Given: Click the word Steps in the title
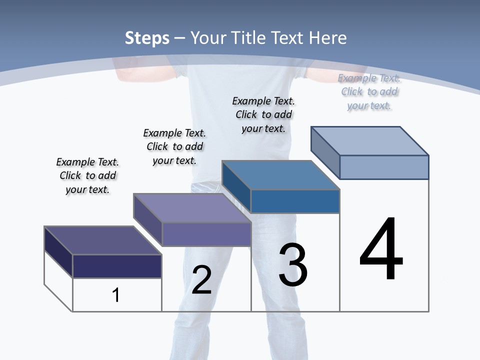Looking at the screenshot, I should (x=147, y=38).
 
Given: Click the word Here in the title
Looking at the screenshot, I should (x=327, y=38).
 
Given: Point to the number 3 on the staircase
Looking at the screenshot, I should (x=292, y=265).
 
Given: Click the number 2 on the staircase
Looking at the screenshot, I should (x=201, y=280).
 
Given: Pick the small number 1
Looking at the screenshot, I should (x=116, y=295).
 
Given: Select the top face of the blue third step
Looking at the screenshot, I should (x=280, y=175).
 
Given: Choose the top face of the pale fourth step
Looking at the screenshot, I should (x=369, y=140).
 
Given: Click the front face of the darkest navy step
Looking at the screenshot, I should (x=117, y=266).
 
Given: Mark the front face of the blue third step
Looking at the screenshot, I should (x=295, y=201).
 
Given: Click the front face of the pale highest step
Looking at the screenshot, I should (x=384, y=167).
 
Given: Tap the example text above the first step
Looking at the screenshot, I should (x=87, y=175).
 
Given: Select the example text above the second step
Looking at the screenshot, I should (x=174, y=146).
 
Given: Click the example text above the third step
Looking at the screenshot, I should (x=263, y=114).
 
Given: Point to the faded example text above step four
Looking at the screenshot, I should (x=369, y=91).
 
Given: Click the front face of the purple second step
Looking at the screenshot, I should (x=206, y=234).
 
